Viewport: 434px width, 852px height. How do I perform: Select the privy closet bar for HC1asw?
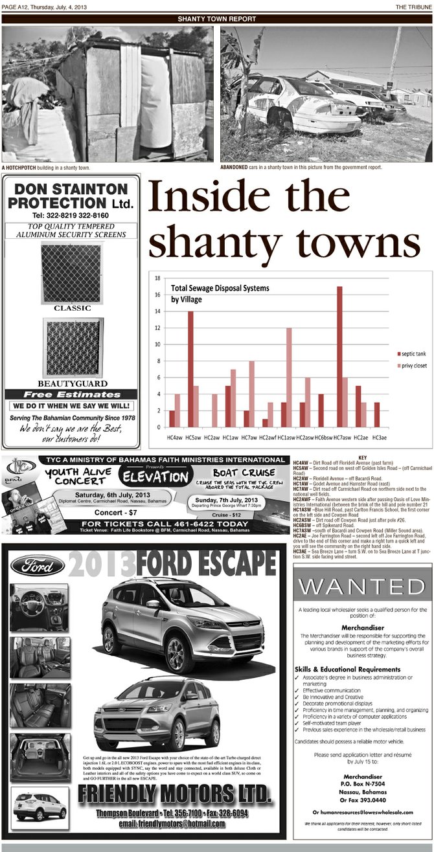pyautogui.click(x=289, y=377)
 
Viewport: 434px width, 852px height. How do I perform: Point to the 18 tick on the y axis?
pyautogui.click(x=157, y=278)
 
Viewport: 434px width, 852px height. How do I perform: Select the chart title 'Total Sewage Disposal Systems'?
pyautogui.click(x=220, y=288)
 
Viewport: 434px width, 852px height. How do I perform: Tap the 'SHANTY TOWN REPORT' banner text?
pyautogui.click(x=216, y=19)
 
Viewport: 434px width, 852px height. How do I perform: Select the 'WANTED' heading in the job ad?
pyautogui.click(x=361, y=588)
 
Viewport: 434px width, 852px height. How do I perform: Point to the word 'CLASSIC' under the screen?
pyautogui.click(x=71, y=309)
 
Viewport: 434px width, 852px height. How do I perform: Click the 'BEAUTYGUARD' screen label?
pyautogui.click(x=71, y=383)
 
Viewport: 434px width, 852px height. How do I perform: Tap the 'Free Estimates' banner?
pyautogui.click(x=71, y=394)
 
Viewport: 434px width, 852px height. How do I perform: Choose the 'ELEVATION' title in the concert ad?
pyautogui.click(x=154, y=477)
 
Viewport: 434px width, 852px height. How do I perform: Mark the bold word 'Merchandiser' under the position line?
pyautogui.click(x=362, y=627)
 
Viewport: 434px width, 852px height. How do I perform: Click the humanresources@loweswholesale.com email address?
pyautogui.click(x=362, y=812)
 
